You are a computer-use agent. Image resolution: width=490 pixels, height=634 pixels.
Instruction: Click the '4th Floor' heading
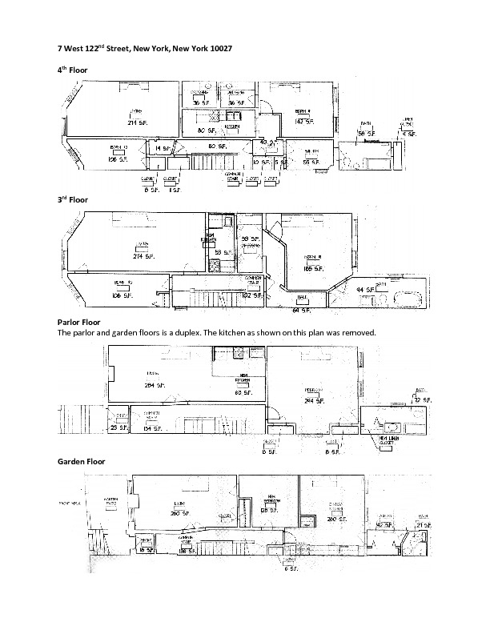(73, 70)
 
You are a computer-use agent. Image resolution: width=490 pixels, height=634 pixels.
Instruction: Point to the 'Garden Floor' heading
(82, 462)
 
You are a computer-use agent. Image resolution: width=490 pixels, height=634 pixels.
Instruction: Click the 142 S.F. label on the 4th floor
(303, 121)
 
